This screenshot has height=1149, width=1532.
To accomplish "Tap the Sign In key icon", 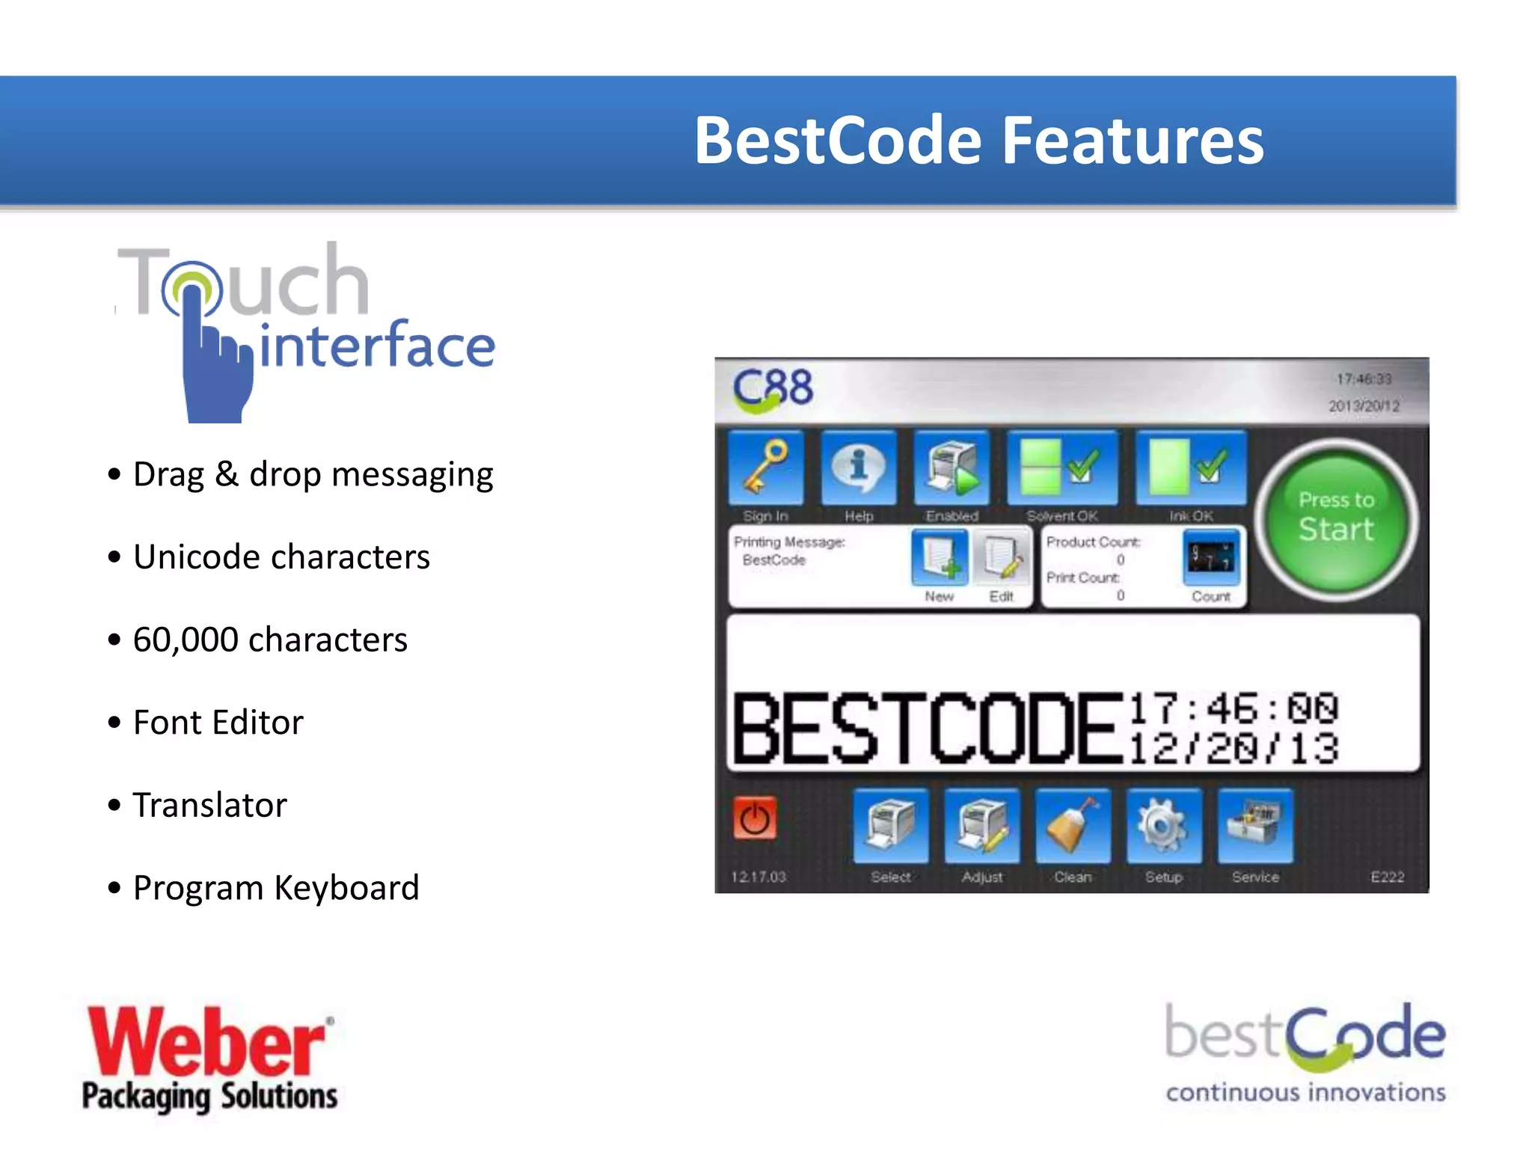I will [x=766, y=468].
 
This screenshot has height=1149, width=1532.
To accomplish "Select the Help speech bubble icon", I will [x=859, y=468].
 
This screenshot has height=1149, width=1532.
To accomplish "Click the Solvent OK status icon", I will [x=1061, y=468].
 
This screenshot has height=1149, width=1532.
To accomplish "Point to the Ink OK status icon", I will [x=1191, y=468].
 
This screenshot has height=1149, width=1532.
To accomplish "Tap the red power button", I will [x=754, y=818].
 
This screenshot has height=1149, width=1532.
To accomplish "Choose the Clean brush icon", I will [x=1073, y=826].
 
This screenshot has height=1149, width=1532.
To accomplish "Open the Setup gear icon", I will [x=1164, y=826].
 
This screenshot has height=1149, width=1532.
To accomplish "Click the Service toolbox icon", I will [x=1255, y=826].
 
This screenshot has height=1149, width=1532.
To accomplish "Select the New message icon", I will [x=940, y=558].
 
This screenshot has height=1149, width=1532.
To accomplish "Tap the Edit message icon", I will [x=1002, y=558].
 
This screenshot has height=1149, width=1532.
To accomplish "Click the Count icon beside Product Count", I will [x=1211, y=558].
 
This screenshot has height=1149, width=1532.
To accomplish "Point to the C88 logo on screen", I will [x=772, y=389].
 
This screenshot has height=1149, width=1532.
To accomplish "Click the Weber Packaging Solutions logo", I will [x=209, y=1058].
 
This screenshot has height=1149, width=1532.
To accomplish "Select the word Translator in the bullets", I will [x=209, y=806].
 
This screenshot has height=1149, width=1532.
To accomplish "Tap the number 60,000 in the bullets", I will [x=186, y=640].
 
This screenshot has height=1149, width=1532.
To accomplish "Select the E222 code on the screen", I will [x=1387, y=877].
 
